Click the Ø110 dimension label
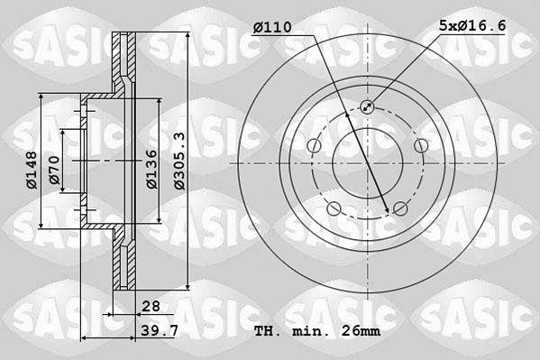271,28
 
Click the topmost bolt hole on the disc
367,106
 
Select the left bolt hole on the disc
313,146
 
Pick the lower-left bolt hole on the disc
334,209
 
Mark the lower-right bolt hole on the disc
400,209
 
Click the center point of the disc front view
367,163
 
